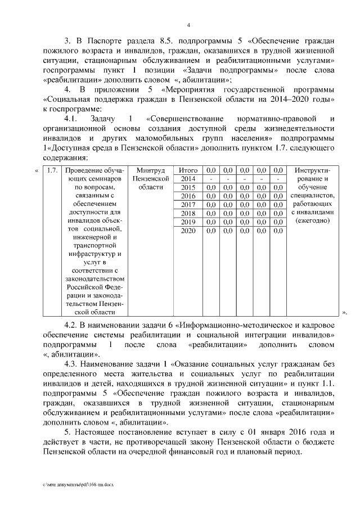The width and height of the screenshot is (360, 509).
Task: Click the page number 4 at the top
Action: (x=188, y=25)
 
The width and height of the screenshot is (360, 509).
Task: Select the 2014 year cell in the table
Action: (x=188, y=178)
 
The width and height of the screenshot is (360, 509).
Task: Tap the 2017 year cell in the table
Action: (x=188, y=204)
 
